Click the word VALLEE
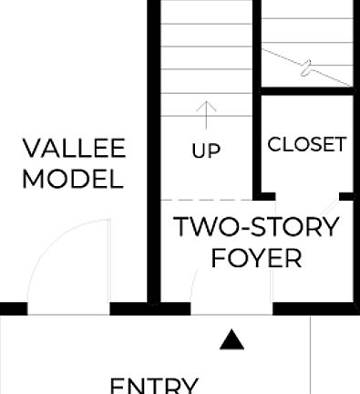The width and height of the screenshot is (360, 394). pos(74,149)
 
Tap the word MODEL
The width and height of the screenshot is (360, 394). pos(73,179)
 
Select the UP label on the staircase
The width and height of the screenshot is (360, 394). pos(207,151)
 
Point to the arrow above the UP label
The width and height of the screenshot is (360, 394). pos(207,114)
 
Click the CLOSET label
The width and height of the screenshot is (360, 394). pos(307,144)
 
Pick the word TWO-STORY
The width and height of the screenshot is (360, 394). pos(256,226)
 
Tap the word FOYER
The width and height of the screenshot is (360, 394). pos(256,258)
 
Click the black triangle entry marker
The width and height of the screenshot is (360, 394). pos(233,339)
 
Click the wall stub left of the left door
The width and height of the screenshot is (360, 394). pos(13,308)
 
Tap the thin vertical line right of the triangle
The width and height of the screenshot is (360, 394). pos(311,356)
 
